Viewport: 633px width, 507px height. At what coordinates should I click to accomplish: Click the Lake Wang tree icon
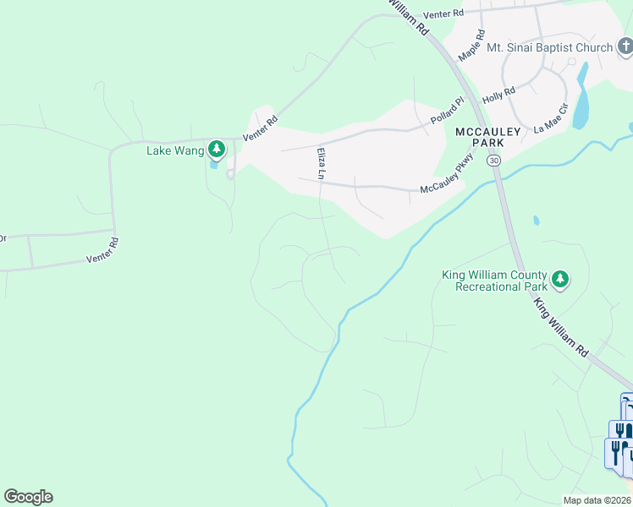(x=217, y=150)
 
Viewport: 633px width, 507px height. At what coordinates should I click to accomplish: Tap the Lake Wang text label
(x=176, y=150)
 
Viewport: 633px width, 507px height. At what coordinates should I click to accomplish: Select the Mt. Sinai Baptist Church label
(x=549, y=47)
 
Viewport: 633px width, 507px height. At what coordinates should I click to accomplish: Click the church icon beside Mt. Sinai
(x=625, y=47)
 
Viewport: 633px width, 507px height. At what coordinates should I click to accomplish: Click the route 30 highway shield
(x=494, y=160)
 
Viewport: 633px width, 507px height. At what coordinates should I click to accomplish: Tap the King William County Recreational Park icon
(x=559, y=278)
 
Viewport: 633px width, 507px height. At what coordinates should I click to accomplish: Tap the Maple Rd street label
(x=471, y=46)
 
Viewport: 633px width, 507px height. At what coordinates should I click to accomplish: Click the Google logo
(x=28, y=497)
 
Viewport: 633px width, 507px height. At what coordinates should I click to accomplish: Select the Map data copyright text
(x=597, y=500)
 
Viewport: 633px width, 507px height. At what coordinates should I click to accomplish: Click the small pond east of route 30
(x=536, y=221)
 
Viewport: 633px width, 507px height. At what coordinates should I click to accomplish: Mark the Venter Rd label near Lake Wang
(x=260, y=128)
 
